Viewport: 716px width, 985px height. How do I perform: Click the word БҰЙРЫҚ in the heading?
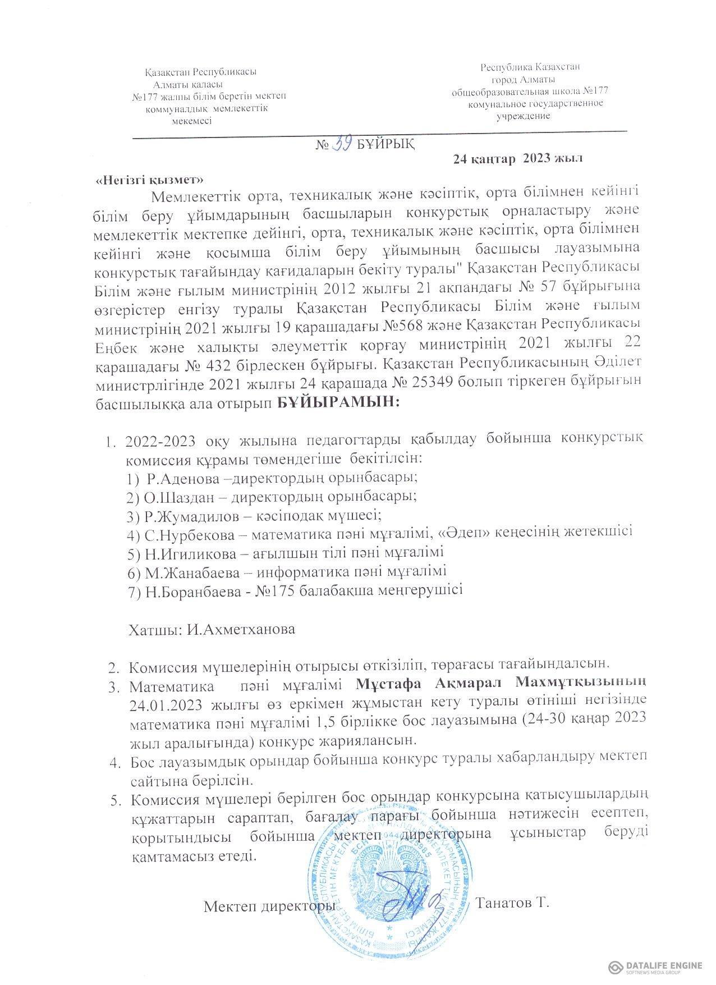tap(386, 145)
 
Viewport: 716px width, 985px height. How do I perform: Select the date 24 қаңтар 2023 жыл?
tap(517, 159)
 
